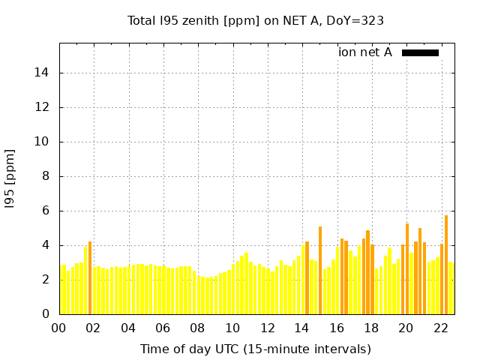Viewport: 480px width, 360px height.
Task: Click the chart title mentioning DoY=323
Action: pos(256,20)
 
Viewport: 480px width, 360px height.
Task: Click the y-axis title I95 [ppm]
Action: pos(10,179)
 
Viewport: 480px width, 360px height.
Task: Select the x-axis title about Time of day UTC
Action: pos(255,349)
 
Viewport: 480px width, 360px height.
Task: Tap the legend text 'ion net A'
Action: pos(365,52)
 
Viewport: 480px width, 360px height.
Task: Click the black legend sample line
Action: pos(420,52)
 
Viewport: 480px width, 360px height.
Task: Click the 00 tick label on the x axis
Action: pos(59,328)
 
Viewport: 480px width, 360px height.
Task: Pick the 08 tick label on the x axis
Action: pos(197,328)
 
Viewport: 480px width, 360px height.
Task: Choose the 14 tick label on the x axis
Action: pos(301,328)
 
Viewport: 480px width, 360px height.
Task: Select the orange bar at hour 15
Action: pos(320,270)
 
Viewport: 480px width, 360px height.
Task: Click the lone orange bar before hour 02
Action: pos(90,277)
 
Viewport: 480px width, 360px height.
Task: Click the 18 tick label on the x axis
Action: pos(370,328)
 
